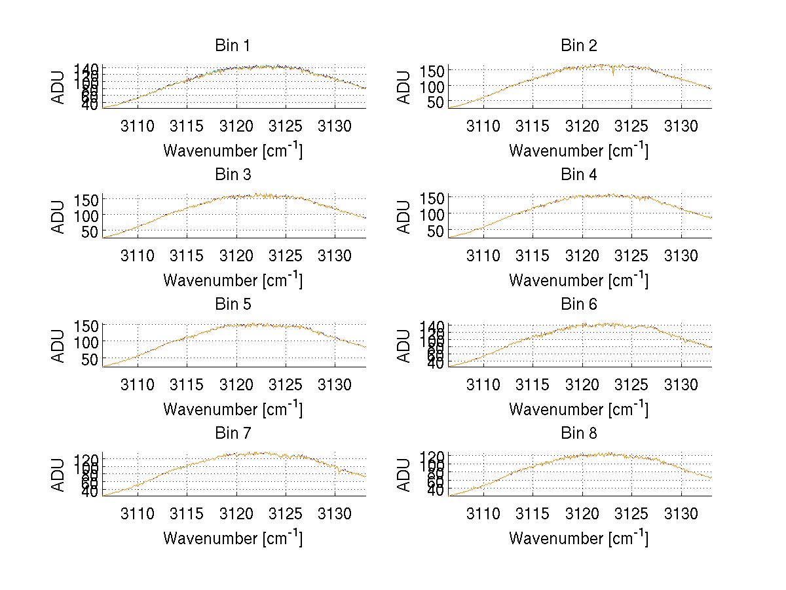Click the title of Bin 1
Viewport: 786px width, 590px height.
pos(233,46)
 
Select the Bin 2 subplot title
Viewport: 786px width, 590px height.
pos(578,46)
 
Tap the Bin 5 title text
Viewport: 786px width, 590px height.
pos(233,304)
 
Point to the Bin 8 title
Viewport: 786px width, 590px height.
pos(578,433)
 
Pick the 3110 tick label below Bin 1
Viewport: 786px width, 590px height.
pos(138,126)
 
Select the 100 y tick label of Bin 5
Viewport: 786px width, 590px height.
pos(88,342)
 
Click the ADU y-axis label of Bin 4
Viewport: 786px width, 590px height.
pos(404,216)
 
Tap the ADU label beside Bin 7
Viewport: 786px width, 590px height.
pos(58,474)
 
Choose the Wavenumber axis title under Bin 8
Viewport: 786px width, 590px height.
pos(578,538)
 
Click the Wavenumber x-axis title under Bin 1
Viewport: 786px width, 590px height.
pos(233,151)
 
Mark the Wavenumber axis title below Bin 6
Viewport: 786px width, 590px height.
pos(578,409)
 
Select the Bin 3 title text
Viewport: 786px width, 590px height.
pos(233,175)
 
